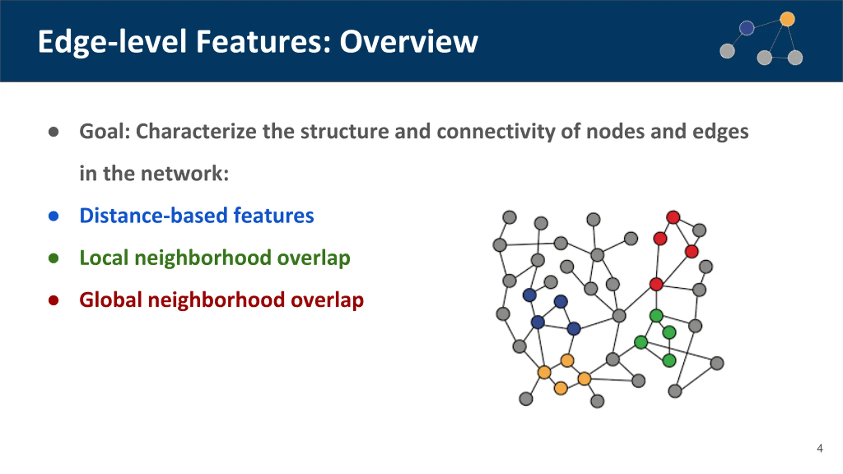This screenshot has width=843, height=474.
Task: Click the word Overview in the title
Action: [409, 42]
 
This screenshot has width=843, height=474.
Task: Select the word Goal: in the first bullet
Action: [105, 131]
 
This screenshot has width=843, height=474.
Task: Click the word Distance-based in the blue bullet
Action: [153, 216]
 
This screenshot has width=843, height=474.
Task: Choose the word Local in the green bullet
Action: [104, 258]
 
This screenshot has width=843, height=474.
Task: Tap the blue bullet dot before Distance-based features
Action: [53, 216]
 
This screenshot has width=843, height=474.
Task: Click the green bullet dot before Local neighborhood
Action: [53, 258]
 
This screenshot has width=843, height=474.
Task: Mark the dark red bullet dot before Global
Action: [53, 300]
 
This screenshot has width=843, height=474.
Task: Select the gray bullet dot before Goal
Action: [53, 132]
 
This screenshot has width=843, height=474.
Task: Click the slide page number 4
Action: [820, 448]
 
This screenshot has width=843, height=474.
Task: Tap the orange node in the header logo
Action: [787, 19]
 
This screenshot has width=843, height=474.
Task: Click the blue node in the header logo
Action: [747, 28]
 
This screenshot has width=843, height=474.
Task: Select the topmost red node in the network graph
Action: [673, 217]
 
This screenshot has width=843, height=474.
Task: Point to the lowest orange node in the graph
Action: [561, 388]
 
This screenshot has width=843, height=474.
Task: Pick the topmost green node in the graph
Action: [656, 316]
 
